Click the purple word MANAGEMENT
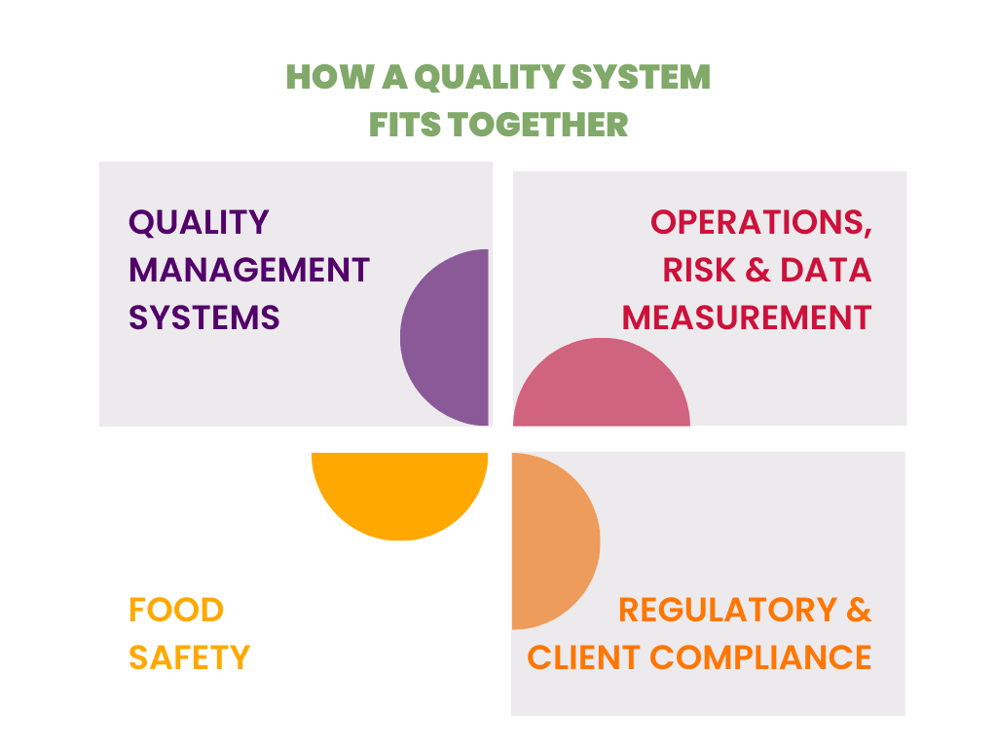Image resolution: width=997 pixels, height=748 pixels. (x=249, y=270)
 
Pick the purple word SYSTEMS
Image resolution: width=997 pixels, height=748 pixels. (x=204, y=318)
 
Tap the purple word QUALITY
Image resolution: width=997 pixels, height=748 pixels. (x=199, y=222)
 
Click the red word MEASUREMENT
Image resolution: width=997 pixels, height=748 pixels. (x=747, y=318)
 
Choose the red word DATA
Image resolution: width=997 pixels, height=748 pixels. (x=826, y=270)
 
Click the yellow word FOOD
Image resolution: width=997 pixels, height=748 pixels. (x=176, y=611)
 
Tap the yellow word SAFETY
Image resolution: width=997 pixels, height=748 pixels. (x=189, y=657)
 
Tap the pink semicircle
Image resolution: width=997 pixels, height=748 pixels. (x=602, y=390)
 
